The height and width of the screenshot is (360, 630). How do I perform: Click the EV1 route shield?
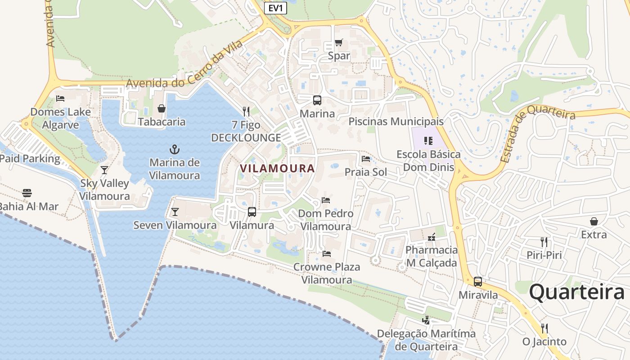pyautogui.click(x=275, y=8)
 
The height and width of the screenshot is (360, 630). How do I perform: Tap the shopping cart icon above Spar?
pyautogui.click(x=339, y=43)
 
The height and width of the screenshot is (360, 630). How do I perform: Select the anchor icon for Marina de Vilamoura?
pyautogui.click(x=175, y=149)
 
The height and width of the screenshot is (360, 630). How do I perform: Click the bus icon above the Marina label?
pyautogui.click(x=317, y=100)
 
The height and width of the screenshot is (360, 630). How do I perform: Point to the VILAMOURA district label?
pyautogui.click(x=277, y=168)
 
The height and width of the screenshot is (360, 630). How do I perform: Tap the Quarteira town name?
pyautogui.click(x=576, y=292)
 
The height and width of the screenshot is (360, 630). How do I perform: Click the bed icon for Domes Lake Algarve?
pyautogui.click(x=60, y=99)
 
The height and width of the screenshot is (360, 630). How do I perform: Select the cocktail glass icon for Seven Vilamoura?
pyautogui.click(x=175, y=211)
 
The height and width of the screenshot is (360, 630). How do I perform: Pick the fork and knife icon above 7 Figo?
pyautogui.click(x=246, y=111)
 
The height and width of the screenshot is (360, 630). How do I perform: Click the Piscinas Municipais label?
pyautogui.click(x=396, y=121)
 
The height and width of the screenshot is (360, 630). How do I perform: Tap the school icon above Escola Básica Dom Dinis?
pyautogui.click(x=428, y=141)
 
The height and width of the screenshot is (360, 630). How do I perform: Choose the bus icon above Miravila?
pyautogui.click(x=478, y=282)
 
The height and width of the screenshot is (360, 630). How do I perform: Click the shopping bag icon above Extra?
pyautogui.click(x=594, y=221)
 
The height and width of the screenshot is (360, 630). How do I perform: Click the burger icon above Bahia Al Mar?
pyautogui.click(x=27, y=193)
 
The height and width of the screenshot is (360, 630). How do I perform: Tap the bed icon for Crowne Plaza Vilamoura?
pyautogui.click(x=327, y=254)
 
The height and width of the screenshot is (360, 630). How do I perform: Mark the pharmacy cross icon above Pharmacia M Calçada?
pyautogui.click(x=432, y=237)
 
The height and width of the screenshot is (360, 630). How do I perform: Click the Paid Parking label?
pyautogui.click(x=30, y=158)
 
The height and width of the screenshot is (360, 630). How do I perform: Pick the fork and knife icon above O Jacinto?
pyautogui.click(x=544, y=328)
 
